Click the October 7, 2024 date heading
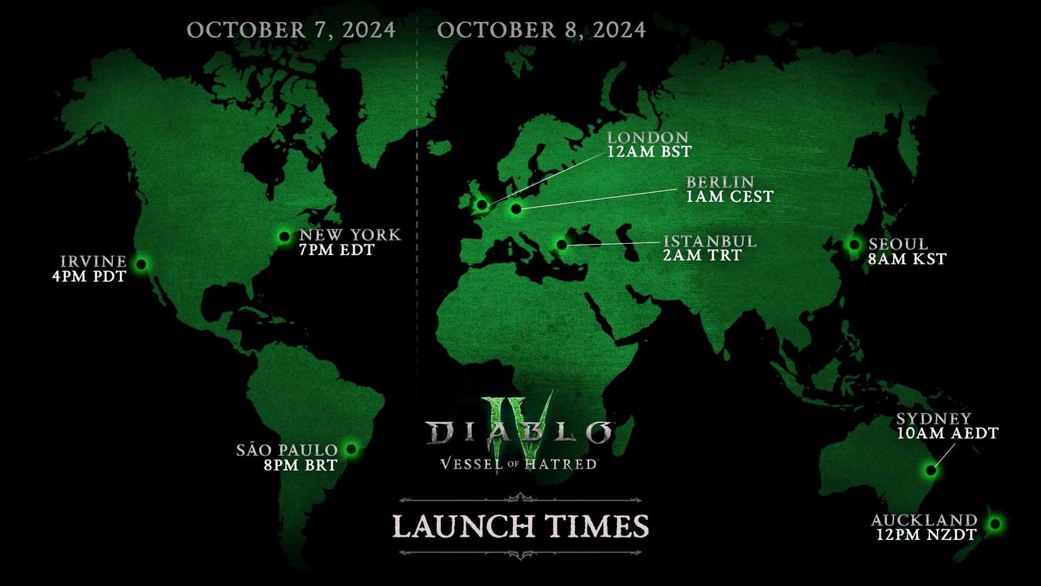tap(291, 30)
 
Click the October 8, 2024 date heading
tap(541, 30)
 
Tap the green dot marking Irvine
tap(142, 264)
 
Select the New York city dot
tap(284, 237)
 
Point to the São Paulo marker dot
tap(351, 449)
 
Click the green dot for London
tap(482, 205)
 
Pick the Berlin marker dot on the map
tap(516, 208)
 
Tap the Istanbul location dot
tap(562, 244)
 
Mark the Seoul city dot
tap(854, 244)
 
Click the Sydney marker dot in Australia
tap(931, 470)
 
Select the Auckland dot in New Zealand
tap(995, 523)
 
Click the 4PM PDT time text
tap(89, 277)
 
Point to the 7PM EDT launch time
tap(337, 250)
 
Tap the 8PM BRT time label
tap(301, 465)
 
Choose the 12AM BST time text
tap(649, 152)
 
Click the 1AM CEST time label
tap(729, 196)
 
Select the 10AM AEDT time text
tap(948, 433)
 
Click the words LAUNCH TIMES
tap(520, 527)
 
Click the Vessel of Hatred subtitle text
tap(519, 464)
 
